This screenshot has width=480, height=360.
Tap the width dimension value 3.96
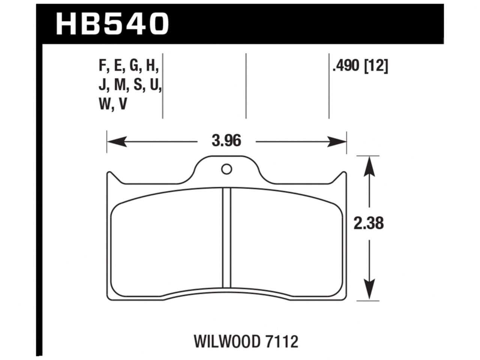(226, 141)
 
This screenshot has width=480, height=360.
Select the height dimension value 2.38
(369, 223)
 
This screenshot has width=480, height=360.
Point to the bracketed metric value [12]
(376, 67)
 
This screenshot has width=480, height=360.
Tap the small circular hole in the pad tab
(226, 169)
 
